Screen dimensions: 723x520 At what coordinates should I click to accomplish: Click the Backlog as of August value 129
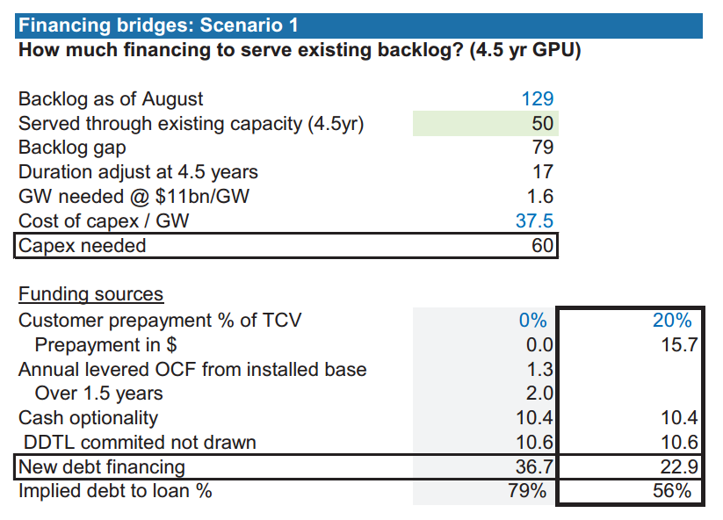coord(537,99)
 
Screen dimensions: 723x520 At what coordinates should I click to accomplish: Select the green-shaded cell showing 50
coord(486,124)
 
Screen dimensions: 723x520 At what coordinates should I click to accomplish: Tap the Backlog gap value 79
coord(543,148)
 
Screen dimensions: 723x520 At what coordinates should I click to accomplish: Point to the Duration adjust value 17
coord(543,172)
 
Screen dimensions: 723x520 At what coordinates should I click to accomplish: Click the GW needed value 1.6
coord(540,197)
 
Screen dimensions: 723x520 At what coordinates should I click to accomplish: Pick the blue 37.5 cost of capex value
coord(534,220)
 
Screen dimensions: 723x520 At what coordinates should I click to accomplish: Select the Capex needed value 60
coord(542,245)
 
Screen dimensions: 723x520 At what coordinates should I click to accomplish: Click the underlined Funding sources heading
coord(90,294)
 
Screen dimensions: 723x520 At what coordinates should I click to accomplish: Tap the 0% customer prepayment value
coord(533,321)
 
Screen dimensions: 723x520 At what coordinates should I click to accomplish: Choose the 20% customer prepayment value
coord(672,321)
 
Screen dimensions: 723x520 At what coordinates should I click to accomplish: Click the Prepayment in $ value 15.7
coord(680,345)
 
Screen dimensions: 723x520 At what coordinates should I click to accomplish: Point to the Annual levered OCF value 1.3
coord(539,369)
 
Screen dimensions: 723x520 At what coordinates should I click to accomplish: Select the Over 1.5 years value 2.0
coord(539,394)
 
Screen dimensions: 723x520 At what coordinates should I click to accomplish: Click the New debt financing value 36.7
coord(534,466)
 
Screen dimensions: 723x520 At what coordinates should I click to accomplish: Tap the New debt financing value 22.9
coord(679,466)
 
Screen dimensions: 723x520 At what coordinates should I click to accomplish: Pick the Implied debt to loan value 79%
coord(527,491)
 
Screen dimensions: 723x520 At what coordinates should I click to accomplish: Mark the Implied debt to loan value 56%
coord(672,491)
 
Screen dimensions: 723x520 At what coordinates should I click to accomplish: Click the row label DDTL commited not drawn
coord(140,443)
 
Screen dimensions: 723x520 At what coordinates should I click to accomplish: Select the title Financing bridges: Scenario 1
coord(158,25)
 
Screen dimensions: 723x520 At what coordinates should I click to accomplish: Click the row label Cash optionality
coord(88,418)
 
